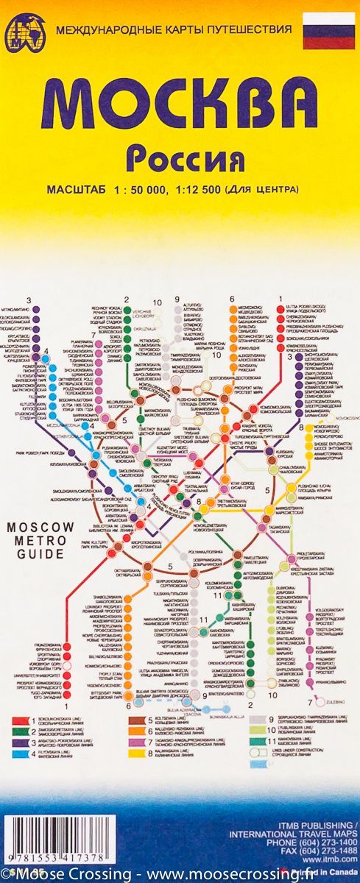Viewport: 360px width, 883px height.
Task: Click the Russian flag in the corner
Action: pos(329,30)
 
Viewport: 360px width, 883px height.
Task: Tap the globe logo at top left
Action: pos(24,34)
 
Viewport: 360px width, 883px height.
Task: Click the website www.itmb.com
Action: pos(338,858)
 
